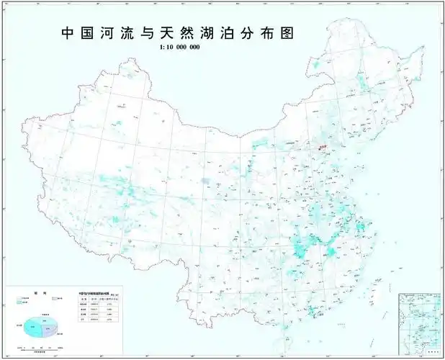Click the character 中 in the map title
(x=67, y=34)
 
